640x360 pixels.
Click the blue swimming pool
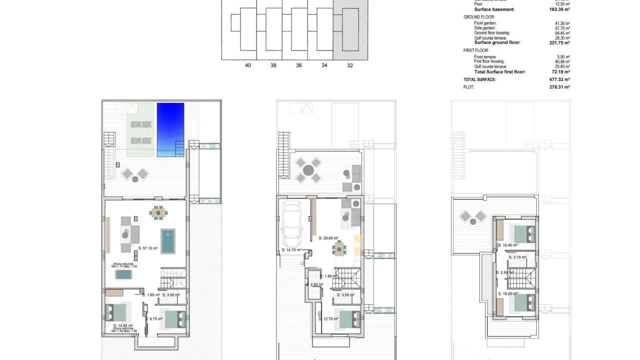[x=170, y=129]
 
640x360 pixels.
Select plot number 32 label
[x=349, y=65]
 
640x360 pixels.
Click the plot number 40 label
[x=248, y=65]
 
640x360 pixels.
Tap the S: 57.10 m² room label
[x=148, y=248]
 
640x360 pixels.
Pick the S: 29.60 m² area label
[x=328, y=238]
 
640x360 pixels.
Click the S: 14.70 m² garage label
[x=291, y=249]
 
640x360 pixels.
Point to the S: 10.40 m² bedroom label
[x=508, y=245]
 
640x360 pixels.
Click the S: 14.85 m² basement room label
[x=122, y=325]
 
